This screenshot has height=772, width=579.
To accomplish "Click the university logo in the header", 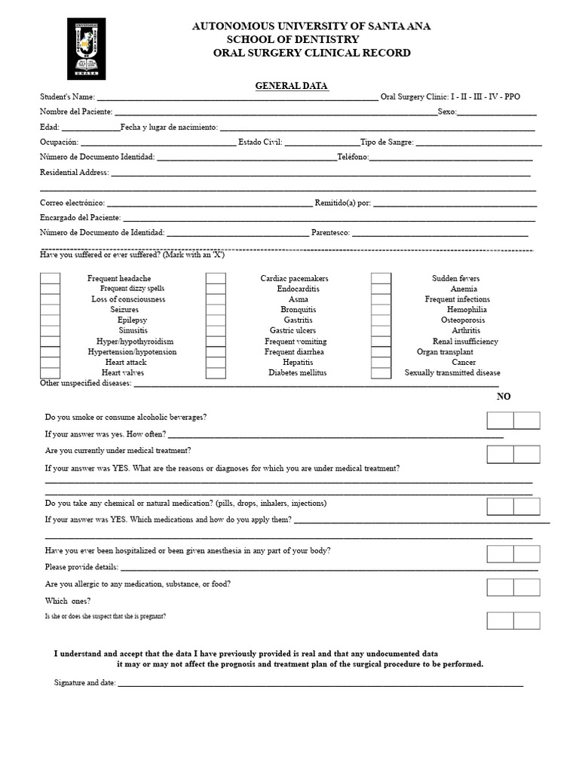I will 87,48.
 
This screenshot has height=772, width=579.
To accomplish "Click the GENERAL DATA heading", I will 292,86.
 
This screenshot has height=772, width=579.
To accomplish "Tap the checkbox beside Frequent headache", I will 50,278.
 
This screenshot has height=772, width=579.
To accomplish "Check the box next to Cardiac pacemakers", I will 216,278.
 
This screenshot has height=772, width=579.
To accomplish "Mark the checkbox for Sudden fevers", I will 381,278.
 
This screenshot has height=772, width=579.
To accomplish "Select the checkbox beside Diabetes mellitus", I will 216,372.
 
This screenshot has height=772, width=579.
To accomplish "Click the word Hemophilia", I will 467,310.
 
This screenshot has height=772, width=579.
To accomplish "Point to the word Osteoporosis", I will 463,320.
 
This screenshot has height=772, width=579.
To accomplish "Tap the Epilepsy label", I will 132,320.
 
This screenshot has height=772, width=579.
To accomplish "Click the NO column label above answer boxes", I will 504,397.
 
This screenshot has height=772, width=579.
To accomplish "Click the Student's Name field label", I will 67,97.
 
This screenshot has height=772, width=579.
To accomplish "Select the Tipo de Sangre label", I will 387,142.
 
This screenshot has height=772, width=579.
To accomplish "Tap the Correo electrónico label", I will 72,203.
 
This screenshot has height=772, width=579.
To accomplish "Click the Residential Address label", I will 74,173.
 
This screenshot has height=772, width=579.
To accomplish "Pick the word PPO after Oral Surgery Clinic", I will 512,97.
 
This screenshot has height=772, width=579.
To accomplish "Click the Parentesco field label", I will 330,233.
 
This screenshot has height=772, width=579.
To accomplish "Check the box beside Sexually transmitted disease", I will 381,372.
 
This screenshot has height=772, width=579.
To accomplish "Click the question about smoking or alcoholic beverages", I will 126,417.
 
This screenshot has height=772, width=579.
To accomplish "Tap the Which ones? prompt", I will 68,601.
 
